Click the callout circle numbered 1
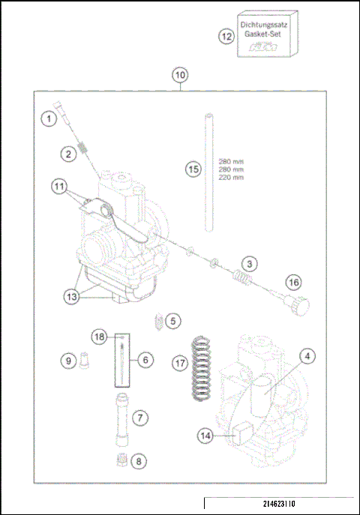(x=49, y=118)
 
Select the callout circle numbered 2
(x=68, y=154)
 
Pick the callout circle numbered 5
(x=173, y=321)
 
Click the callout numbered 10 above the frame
(x=180, y=76)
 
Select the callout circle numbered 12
(x=226, y=36)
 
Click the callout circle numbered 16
(x=294, y=283)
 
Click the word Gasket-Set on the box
(x=262, y=34)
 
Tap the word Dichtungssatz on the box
(x=263, y=25)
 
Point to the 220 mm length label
(x=231, y=178)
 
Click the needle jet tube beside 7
(x=120, y=417)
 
